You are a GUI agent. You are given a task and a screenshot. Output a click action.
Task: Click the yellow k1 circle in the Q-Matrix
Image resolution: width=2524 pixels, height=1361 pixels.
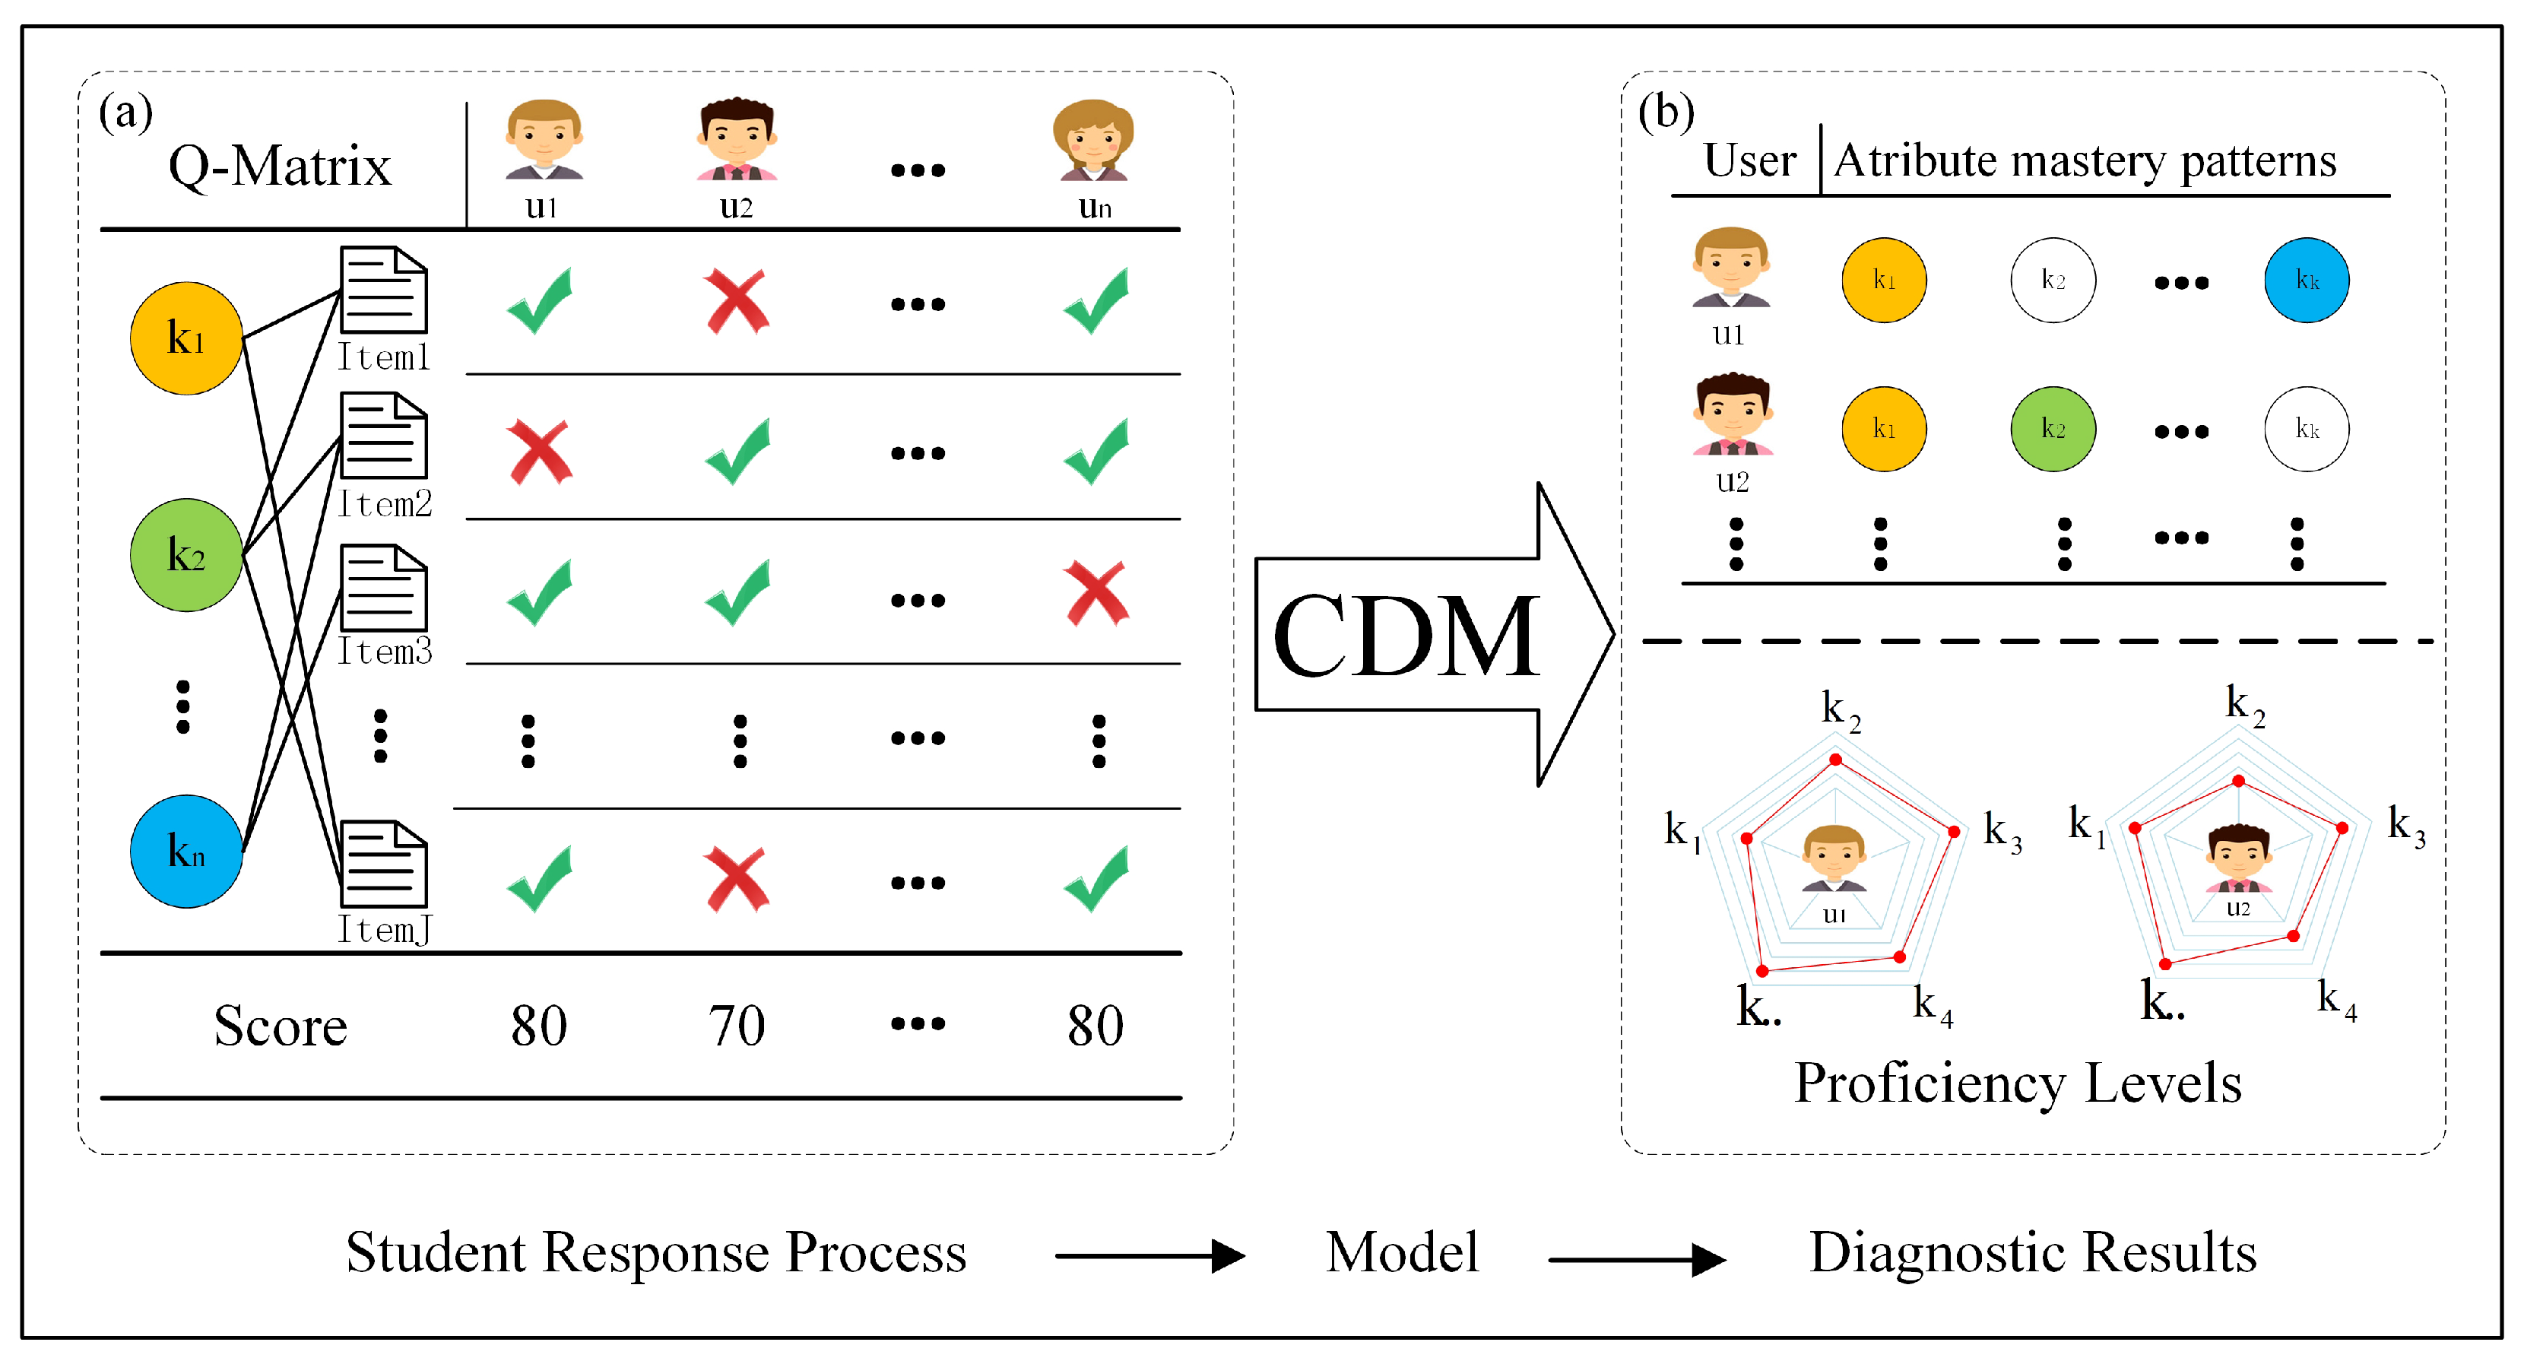(x=186, y=338)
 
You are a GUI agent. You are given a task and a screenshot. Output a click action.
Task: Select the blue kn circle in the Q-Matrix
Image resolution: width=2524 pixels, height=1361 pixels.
(x=186, y=851)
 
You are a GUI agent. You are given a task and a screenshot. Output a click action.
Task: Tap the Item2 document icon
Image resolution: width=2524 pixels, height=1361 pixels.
(x=383, y=436)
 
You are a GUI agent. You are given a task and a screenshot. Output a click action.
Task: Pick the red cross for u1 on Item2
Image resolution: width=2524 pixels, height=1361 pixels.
(x=540, y=452)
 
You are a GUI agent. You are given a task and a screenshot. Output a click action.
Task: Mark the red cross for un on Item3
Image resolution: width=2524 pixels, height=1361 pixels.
(x=1096, y=593)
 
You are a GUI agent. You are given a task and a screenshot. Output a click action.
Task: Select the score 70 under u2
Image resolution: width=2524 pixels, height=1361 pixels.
(x=737, y=1026)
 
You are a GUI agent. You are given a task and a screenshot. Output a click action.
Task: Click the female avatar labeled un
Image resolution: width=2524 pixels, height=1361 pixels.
(x=1093, y=141)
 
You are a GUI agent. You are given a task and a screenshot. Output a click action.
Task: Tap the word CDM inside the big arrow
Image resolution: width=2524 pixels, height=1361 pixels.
(x=1405, y=637)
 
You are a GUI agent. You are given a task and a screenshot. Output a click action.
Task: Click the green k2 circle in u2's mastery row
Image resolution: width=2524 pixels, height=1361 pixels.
(x=2053, y=429)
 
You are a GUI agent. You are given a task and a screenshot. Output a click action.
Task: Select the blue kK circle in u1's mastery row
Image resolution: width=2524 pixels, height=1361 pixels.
(x=2307, y=281)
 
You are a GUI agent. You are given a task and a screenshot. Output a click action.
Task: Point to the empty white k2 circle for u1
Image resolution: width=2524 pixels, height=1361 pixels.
(x=2053, y=281)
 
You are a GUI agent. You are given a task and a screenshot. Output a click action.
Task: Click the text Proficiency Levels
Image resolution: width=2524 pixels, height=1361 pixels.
(x=2018, y=1083)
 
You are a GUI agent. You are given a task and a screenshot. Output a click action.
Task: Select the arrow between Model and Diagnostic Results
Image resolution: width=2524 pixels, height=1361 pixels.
(x=1636, y=1259)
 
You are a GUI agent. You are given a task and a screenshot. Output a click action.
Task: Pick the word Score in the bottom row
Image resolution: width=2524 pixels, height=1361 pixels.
(x=281, y=1026)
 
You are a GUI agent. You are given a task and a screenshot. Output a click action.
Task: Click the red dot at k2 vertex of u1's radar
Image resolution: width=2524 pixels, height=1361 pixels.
(x=1836, y=760)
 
